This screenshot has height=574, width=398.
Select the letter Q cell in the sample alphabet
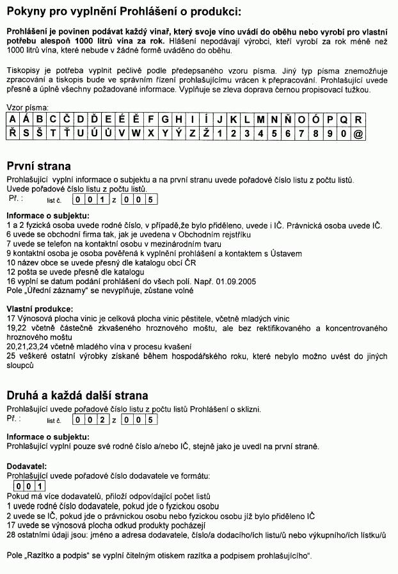tap(344, 120)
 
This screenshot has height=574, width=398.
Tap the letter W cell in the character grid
tap(136, 134)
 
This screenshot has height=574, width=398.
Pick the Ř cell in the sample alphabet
tap(13, 134)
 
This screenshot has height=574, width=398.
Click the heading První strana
tap(38, 166)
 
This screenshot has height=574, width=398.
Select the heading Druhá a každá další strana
tap(77, 395)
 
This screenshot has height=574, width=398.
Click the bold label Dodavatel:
tap(27, 466)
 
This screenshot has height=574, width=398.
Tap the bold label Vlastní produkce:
tap(40, 309)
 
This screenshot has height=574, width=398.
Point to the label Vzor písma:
tap(28, 108)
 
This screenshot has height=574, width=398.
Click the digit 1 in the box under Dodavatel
tap(40, 486)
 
